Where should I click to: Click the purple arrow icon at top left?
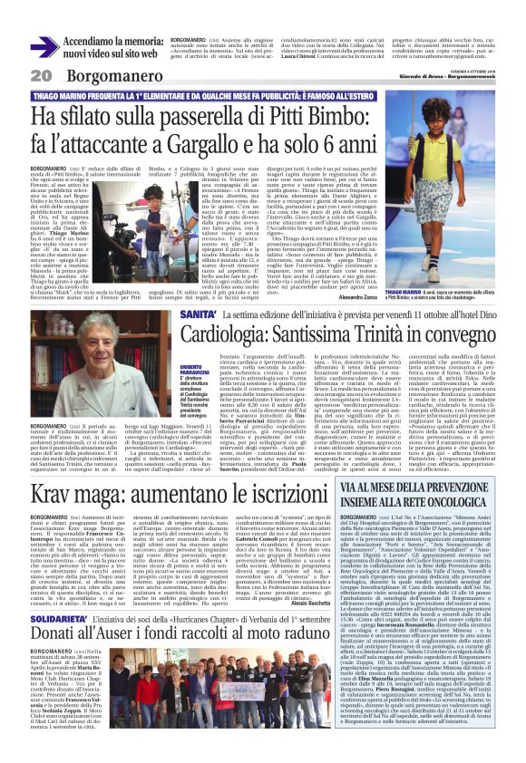pyautogui.click(x=44, y=46)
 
